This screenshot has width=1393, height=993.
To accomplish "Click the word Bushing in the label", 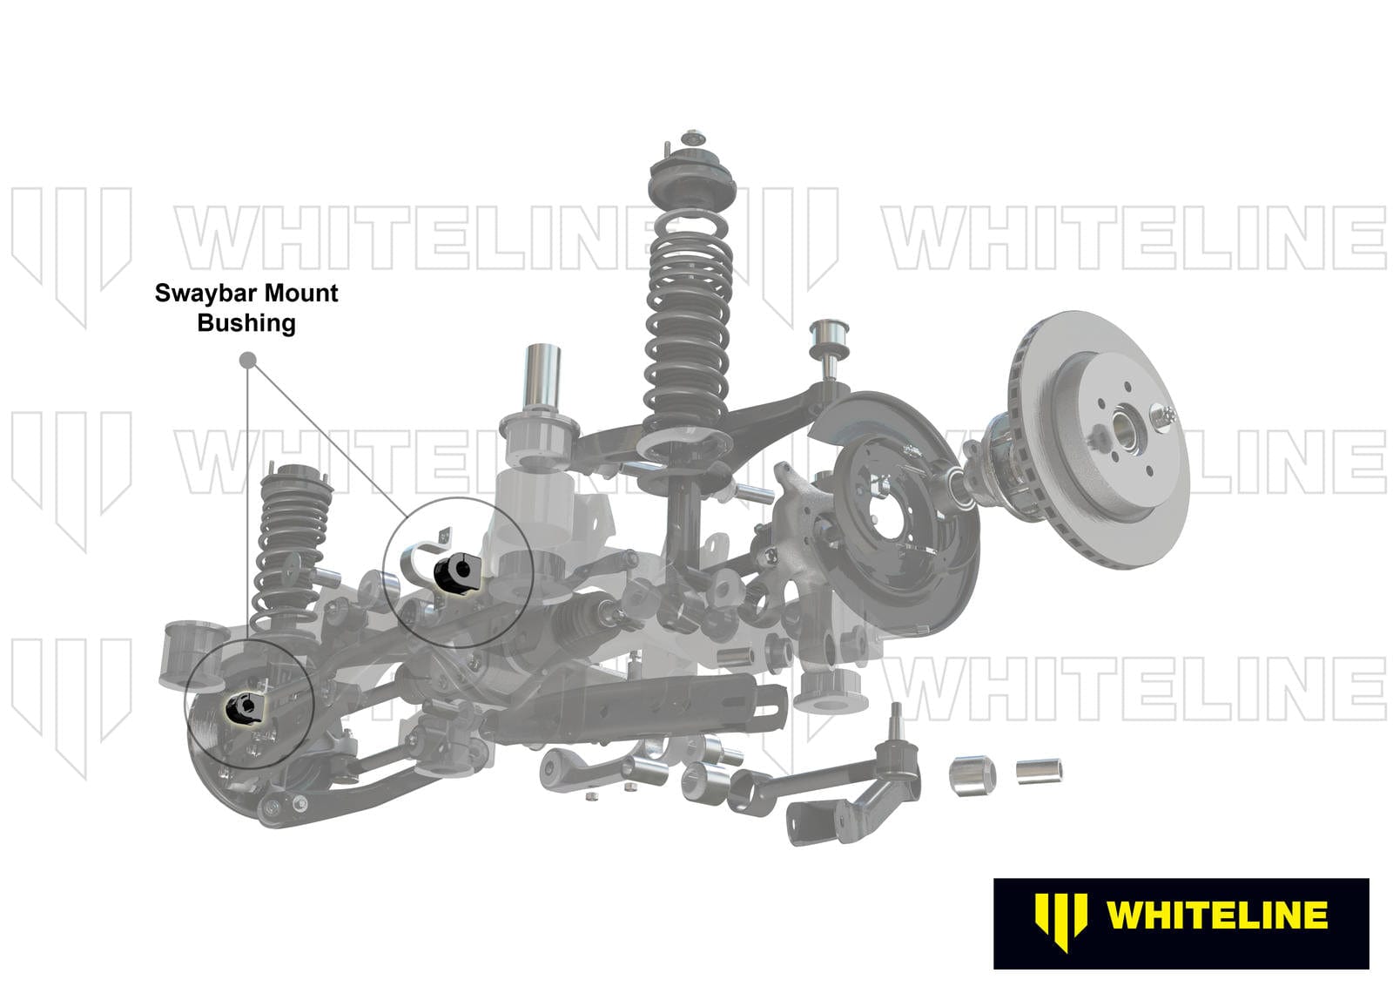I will pyautogui.click(x=246, y=323).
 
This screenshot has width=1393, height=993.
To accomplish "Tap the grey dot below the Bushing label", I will pyautogui.click(x=247, y=359).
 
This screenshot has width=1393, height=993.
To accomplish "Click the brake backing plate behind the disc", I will pyautogui.click(x=897, y=514).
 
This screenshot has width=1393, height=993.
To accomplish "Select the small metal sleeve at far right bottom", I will pyautogui.click(x=1039, y=771).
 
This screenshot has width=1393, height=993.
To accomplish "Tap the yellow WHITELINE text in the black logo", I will pyautogui.click(x=1216, y=915).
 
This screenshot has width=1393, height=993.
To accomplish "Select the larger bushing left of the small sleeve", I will pyautogui.click(x=972, y=775).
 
